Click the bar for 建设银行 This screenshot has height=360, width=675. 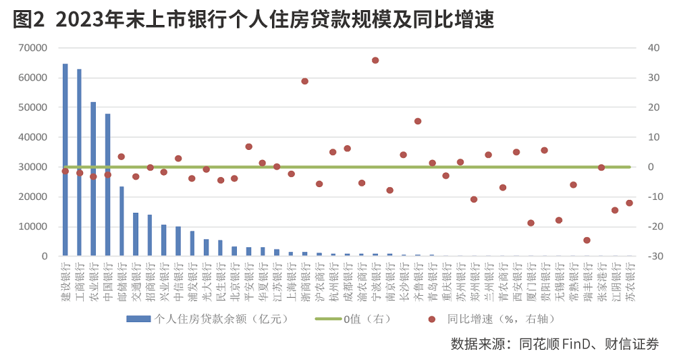click(65, 160)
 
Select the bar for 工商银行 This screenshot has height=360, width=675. click(79, 163)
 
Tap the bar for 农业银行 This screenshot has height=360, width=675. click(93, 179)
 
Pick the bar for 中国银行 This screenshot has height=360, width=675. click(107, 185)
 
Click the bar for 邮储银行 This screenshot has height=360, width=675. click(122, 222)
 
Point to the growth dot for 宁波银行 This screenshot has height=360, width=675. click(375, 60)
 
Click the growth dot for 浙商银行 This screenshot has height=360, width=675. click(304, 81)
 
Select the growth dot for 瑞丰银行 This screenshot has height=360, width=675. click(587, 240)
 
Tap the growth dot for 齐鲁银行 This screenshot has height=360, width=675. click(418, 122)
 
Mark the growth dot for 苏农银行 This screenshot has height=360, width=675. click(629, 203)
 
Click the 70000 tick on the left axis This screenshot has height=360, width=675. click(33, 48)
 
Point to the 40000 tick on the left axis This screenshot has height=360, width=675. click(33, 137)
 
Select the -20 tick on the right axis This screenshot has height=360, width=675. click(653, 226)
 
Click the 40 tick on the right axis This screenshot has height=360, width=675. click(652, 48)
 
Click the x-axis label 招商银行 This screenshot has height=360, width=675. click(150, 277)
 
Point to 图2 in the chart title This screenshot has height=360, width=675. click(28, 20)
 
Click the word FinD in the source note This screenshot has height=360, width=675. click(577, 343)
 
